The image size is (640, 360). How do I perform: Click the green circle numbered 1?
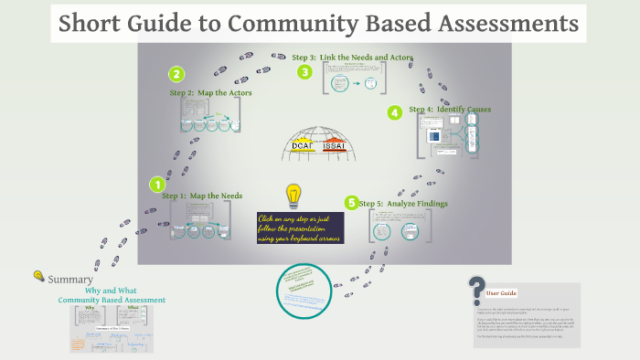coord(157,185)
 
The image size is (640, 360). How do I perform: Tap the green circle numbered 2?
coord(176,75)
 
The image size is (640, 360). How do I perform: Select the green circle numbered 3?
coord(304,72)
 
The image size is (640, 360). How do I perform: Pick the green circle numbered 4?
coord(395,113)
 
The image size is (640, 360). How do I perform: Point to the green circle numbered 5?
coord(351,203)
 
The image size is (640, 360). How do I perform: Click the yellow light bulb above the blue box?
coord(293,195)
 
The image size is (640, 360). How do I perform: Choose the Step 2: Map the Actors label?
coord(210,92)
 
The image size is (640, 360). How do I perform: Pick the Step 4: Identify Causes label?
coord(450,110)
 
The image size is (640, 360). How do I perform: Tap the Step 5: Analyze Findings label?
coord(403,203)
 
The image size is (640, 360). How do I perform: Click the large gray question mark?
coord(475,291)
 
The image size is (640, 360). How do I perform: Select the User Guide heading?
coord(502,293)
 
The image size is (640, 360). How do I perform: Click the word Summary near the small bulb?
coord(70,279)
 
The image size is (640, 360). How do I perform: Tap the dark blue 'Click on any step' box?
coord(300,228)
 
